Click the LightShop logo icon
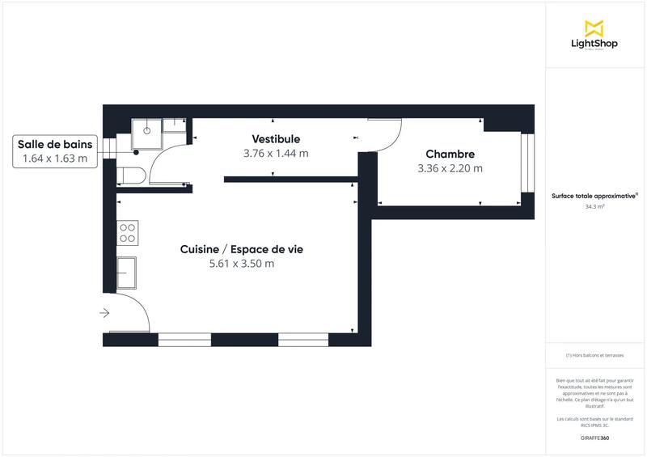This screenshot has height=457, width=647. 594,28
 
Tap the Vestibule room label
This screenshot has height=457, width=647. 276,139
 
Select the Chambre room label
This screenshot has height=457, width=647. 450,154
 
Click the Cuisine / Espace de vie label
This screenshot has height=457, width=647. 241,249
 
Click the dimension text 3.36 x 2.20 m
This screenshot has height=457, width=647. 450,169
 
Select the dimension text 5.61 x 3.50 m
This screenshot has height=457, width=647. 241,264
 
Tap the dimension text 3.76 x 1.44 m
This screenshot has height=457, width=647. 276,153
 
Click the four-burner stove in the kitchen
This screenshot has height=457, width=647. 128,233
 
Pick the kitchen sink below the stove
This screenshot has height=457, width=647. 126,273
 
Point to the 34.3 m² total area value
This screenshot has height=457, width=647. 595,207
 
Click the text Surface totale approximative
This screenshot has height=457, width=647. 594,196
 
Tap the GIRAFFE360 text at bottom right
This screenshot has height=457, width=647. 594,438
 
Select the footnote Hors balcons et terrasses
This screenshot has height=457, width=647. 594,355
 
